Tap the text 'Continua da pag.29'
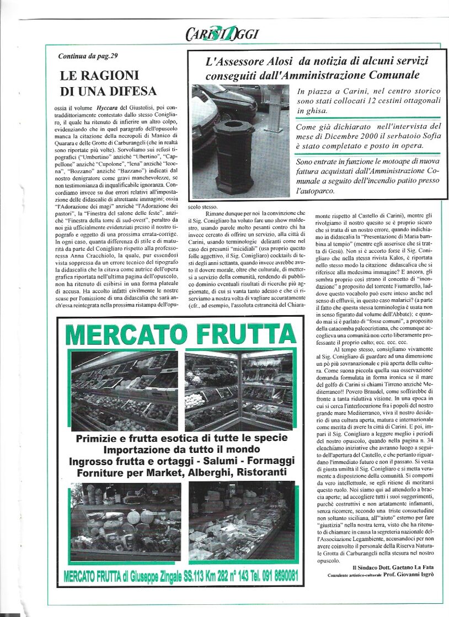(88, 56)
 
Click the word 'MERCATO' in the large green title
(119, 335)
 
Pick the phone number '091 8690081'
(272, 576)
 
